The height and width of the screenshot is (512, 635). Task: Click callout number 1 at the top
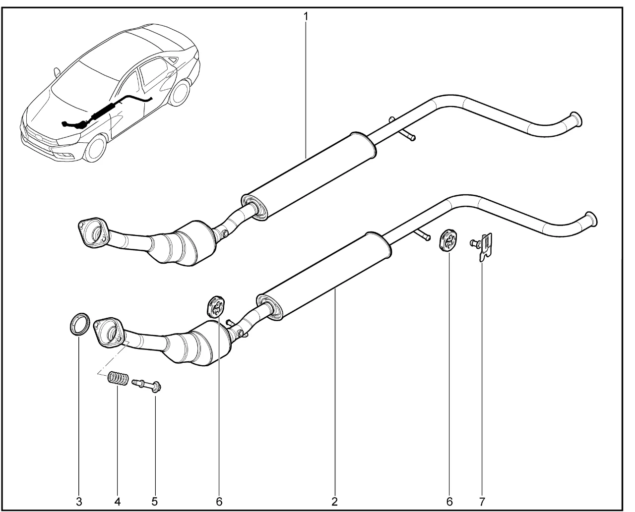pyautogui.click(x=306, y=17)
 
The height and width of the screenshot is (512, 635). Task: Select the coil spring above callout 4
pyautogui.click(x=118, y=378)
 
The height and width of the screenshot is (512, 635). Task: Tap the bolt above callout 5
pyautogui.click(x=147, y=386)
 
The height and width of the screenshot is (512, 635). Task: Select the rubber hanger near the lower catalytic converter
pyautogui.click(x=216, y=307)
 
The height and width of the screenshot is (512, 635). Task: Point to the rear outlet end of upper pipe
pyautogui.click(x=575, y=120)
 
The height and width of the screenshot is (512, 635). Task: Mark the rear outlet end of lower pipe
pyautogui.click(x=591, y=219)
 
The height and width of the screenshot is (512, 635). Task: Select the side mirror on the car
pyautogui.click(x=57, y=72)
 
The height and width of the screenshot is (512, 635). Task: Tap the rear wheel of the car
pyautogui.click(x=180, y=92)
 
